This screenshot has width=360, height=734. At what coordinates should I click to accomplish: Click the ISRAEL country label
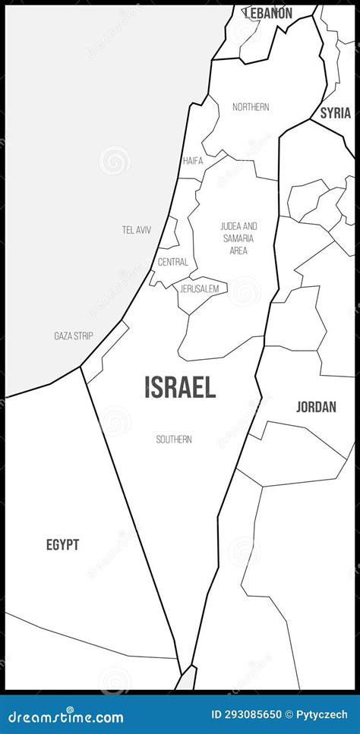180,387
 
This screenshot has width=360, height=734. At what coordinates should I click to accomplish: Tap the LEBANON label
267,13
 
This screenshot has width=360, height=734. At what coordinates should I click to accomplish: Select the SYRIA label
335,113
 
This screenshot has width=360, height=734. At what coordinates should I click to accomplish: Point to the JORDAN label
316,407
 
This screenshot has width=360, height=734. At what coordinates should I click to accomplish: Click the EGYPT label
62,544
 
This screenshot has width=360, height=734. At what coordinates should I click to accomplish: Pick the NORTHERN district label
251,107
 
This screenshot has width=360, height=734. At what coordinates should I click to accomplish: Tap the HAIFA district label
193,161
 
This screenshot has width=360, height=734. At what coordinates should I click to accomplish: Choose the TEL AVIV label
137,229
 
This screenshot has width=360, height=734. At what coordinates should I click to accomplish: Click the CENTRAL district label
172,262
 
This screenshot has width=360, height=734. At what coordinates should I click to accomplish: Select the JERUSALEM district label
200,289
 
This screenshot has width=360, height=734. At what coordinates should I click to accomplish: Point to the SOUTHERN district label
174,439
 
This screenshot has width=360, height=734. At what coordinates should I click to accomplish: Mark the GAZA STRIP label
74,335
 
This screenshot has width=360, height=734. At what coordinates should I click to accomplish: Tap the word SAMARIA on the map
238,238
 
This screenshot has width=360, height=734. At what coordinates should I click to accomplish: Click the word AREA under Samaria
238,250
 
